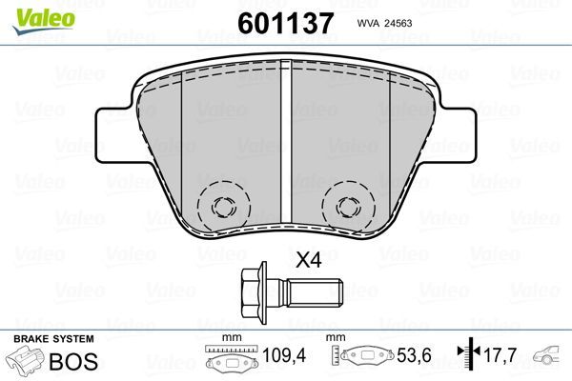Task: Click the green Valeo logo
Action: tap(31, 11)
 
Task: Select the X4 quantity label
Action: tap(309, 259)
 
